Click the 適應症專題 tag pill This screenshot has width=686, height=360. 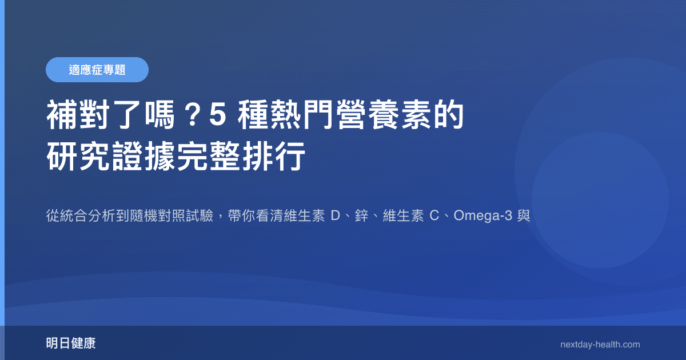tap(97, 70)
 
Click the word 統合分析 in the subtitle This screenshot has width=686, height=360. tap(91, 217)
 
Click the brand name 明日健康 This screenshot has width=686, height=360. tap(71, 344)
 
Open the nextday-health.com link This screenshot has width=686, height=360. tap(600, 345)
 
